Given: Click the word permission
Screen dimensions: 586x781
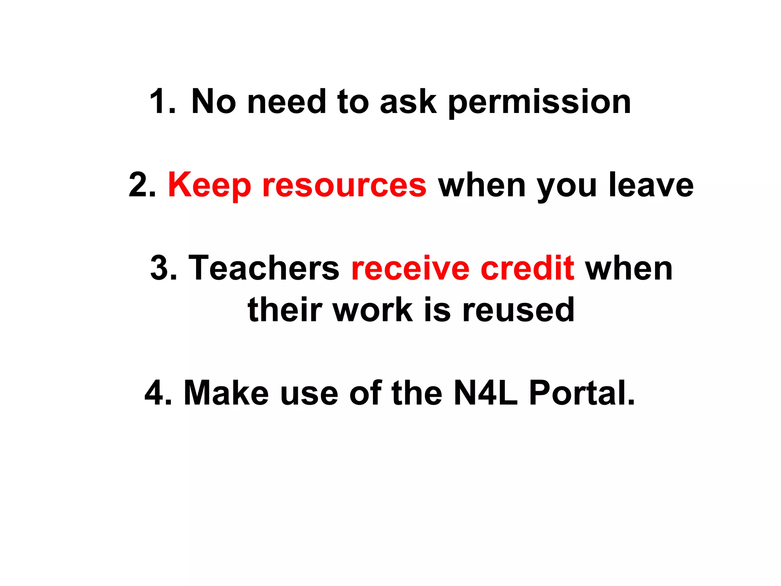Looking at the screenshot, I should tap(539, 102).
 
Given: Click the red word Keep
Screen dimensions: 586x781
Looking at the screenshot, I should tap(209, 185).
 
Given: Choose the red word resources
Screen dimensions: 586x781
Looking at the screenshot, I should tap(344, 185).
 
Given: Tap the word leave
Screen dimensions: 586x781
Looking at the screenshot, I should tap(651, 185).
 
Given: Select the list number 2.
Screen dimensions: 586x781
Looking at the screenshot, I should tap(142, 185).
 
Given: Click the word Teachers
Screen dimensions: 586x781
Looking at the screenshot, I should tap(264, 268).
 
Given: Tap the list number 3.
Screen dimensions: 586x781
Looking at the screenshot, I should tap(164, 268).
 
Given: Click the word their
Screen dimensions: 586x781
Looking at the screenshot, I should tap(285, 309).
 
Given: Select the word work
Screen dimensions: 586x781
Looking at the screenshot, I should tap(373, 309).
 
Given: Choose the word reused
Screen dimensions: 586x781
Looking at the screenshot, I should tap(518, 309).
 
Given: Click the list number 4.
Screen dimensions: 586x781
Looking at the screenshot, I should tap(158, 393).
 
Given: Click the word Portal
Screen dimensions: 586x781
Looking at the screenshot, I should tap(582, 393).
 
